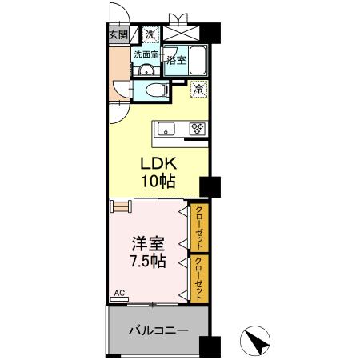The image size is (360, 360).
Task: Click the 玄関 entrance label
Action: click(x=118, y=34)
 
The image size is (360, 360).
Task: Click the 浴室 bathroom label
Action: click(x=176, y=58)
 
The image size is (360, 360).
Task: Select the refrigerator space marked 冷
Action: click(x=197, y=90)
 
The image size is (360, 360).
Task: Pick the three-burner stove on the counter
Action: click(x=198, y=128)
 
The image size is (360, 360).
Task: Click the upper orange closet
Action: click(x=199, y=227)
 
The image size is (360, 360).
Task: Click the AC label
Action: click(x=119, y=294)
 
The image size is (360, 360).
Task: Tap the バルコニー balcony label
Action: click(x=158, y=330)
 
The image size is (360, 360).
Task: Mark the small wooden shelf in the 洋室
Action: click(x=121, y=206)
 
